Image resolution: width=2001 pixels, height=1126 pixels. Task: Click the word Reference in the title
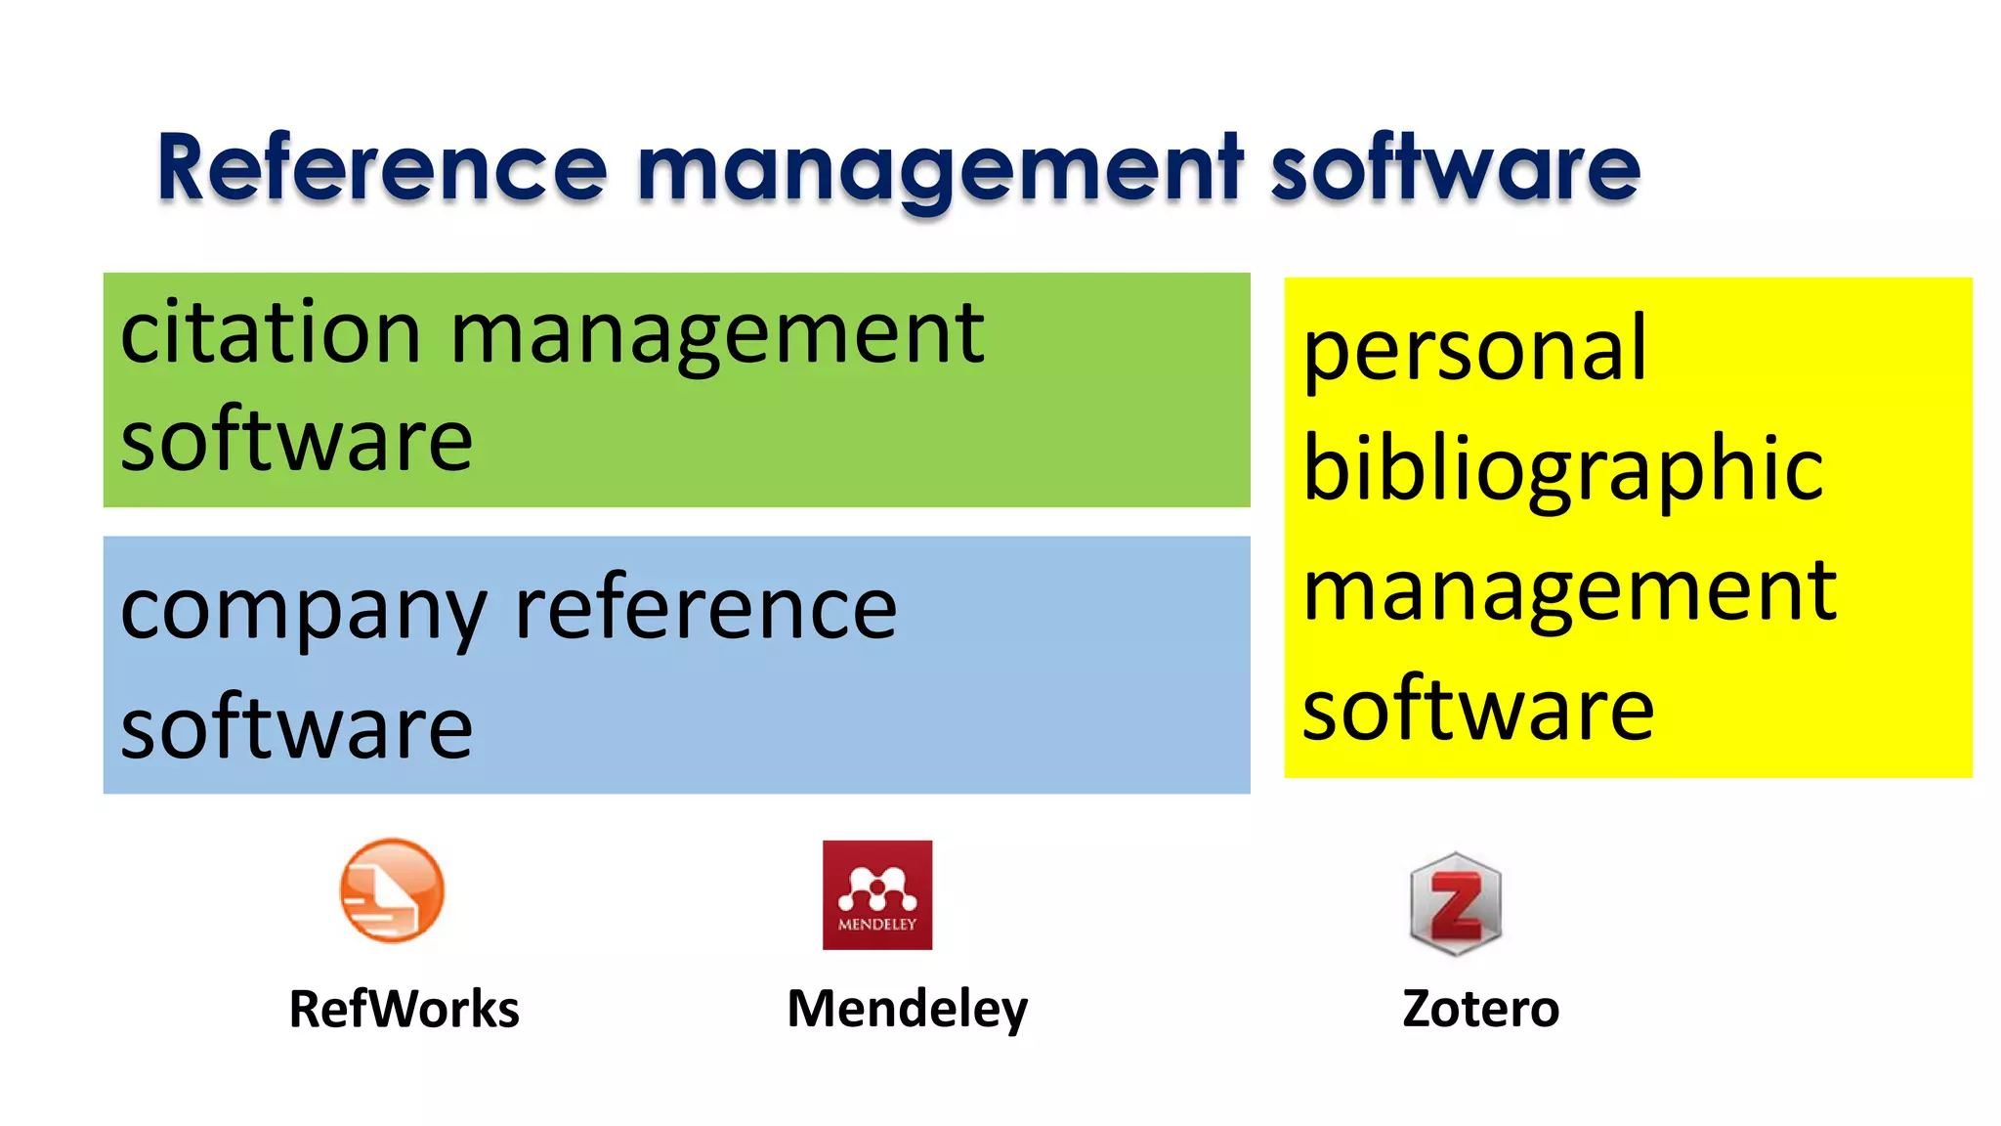coord(382,168)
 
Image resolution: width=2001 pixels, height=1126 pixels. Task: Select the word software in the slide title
coord(1455,168)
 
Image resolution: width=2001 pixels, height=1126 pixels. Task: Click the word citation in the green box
coord(271,333)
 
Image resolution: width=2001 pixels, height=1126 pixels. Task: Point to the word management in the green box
coord(716,337)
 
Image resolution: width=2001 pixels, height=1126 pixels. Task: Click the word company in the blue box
coord(303,611)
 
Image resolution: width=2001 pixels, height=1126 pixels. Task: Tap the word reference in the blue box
coord(705,608)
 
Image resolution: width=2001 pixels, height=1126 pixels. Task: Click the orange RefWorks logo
coord(392,890)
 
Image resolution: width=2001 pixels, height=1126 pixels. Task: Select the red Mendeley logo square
coord(877,894)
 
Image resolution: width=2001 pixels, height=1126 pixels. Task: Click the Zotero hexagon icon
coord(1456,903)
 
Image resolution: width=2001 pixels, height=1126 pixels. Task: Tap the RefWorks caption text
coord(404,1009)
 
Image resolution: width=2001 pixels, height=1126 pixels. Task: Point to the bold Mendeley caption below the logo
coord(908,1009)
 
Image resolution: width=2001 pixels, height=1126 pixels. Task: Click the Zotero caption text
coord(1480,1009)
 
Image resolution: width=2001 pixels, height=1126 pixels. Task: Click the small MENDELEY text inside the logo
coord(877,925)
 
